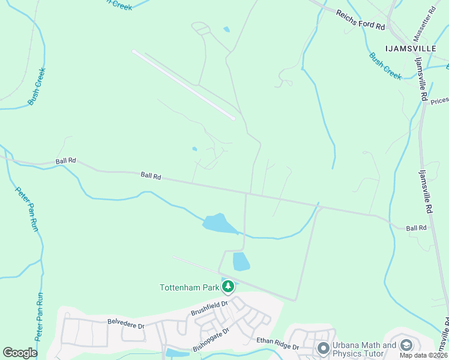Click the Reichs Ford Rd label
[360, 20]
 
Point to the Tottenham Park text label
[189, 287]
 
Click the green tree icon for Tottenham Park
[228, 287]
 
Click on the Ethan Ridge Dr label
[277, 344]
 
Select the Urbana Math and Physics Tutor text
[364, 349]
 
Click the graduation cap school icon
[406, 346]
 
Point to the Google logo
[20, 353]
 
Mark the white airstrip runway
[183, 84]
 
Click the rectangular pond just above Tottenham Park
[241, 262]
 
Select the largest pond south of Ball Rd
[220, 224]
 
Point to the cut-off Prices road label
[439, 101]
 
